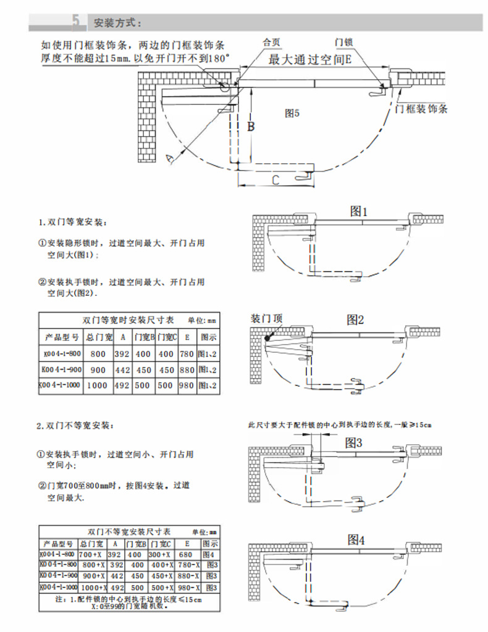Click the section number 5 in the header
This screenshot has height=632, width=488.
[75, 22]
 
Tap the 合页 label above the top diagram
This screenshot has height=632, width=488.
[272, 43]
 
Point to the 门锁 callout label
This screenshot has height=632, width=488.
[343, 43]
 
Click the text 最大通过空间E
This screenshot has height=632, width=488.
[310, 60]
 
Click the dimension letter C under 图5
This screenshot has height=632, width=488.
[276, 180]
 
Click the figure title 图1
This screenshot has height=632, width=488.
[358, 211]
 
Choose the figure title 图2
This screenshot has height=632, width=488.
[355, 319]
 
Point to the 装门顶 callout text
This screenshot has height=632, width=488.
[266, 319]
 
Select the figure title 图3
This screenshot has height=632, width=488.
[353, 442]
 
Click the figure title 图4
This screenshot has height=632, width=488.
[356, 539]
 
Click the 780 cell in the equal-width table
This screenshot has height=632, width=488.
[186, 355]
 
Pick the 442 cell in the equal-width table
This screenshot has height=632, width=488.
[122, 371]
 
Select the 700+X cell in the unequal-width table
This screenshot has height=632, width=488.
[93, 555]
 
